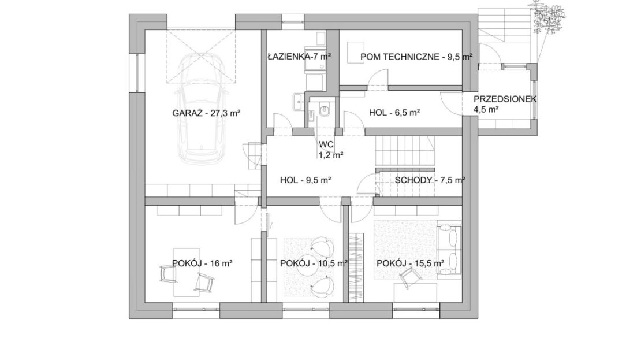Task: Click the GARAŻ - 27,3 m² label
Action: (206, 113)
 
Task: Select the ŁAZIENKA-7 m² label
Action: (299, 57)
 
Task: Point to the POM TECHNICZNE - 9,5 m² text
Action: (416, 57)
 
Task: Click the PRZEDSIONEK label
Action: (505, 99)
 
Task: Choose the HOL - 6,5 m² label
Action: (394, 113)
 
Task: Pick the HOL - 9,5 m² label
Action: (305, 180)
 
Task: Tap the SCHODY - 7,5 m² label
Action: (430, 180)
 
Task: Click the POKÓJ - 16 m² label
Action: (202, 263)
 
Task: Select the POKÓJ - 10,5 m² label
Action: (314, 263)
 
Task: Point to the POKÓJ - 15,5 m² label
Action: (411, 263)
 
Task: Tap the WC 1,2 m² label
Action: (330, 150)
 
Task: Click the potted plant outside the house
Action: (548, 16)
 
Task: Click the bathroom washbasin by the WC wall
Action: (297, 101)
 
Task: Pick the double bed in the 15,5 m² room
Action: (449, 250)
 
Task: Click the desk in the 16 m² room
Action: (187, 272)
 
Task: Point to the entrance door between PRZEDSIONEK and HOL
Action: (451, 104)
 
